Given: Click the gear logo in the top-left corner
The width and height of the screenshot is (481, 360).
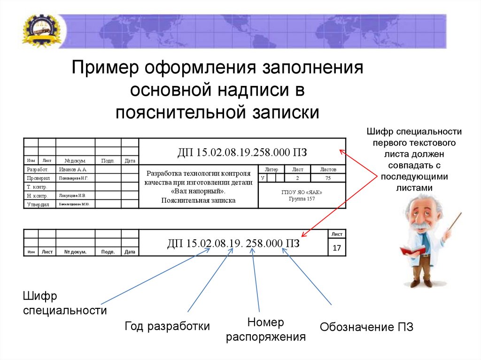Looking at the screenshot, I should (41, 31).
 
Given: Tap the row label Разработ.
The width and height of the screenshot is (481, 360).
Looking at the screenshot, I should (38, 169).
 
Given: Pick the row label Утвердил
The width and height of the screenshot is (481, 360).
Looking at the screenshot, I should (38, 204).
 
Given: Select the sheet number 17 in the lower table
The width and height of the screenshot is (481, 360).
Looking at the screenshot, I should (336, 247).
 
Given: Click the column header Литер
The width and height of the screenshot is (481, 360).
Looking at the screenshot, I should (272, 169).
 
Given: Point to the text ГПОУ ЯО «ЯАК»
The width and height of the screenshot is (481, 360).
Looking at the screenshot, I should (302, 192).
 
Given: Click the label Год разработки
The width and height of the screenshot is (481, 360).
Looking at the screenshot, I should (167, 326).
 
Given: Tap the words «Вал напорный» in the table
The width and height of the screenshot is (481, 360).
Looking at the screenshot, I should (198, 191).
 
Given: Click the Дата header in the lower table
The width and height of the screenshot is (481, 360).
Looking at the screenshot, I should (130, 252).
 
